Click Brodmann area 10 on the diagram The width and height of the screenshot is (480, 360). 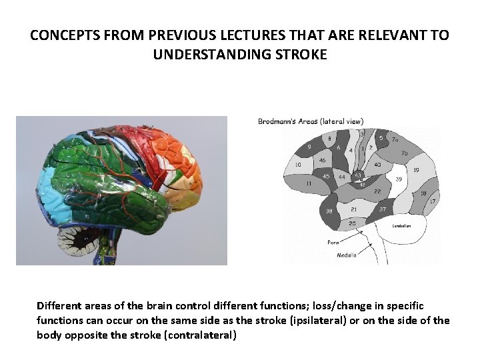pyautogui.click(x=297, y=164)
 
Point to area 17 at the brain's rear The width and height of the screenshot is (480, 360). pyautogui.click(x=432, y=201)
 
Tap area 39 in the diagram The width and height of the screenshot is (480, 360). pyautogui.click(x=399, y=179)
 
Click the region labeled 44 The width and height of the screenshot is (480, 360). pyautogui.click(x=342, y=177)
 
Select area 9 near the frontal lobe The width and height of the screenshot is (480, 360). pyautogui.click(x=309, y=147)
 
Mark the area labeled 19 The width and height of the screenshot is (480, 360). pyautogui.click(x=415, y=170)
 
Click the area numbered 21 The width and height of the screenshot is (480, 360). pyautogui.click(x=354, y=209)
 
